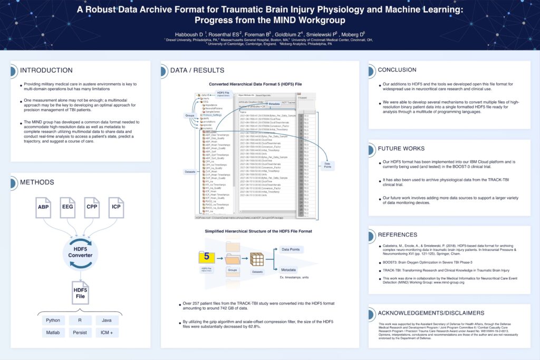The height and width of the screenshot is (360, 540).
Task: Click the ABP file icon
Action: pyautogui.click(x=43, y=208)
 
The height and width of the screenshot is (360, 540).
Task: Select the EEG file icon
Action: pyautogui.click(x=67, y=208)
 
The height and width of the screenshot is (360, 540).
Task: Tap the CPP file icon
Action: pyautogui.click(x=92, y=208)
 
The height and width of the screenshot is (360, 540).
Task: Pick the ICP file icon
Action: pyautogui.click(x=116, y=208)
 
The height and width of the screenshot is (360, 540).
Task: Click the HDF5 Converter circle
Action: pyautogui.click(x=80, y=252)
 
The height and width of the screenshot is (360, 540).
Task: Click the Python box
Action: pyautogui.click(x=53, y=320)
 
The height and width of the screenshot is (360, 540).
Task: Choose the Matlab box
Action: pyautogui.click(x=53, y=333)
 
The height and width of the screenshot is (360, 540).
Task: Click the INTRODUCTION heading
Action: pyautogui.click(x=46, y=70)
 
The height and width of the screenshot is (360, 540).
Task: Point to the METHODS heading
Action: pyautogui.click(x=37, y=182)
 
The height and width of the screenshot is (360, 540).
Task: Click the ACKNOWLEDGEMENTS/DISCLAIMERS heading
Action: pyautogui.click(x=431, y=313)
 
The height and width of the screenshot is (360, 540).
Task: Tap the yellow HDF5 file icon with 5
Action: pyautogui.click(x=207, y=257)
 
